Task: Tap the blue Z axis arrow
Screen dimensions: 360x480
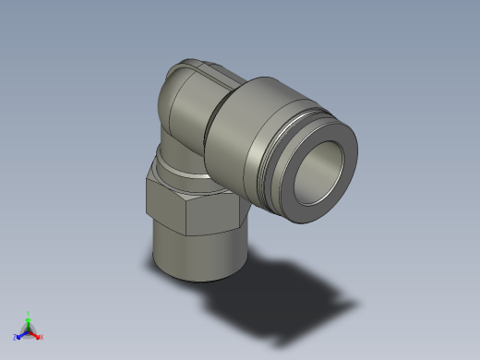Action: click(20, 336)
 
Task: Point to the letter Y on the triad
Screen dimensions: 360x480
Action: click(28, 313)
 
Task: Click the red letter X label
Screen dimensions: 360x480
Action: click(42, 337)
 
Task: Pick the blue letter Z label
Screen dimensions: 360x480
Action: click(15, 338)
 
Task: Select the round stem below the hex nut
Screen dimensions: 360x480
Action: click(194, 254)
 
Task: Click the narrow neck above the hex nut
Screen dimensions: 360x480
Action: click(180, 164)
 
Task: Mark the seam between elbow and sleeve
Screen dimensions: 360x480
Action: click(214, 120)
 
